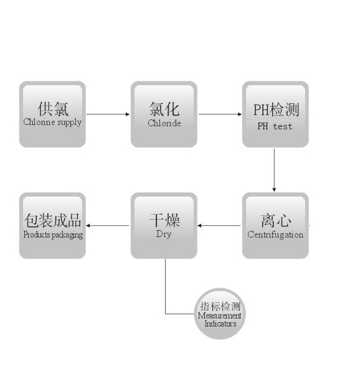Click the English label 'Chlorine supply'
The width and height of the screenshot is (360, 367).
click(x=52, y=123)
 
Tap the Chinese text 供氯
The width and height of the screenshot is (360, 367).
click(x=53, y=109)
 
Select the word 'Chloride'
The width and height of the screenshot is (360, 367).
click(x=164, y=123)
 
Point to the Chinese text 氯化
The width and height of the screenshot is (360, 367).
click(x=164, y=109)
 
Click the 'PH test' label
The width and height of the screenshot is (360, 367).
click(x=275, y=126)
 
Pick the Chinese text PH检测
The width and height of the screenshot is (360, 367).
click(x=277, y=109)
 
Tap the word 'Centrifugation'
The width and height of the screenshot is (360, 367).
click(x=275, y=235)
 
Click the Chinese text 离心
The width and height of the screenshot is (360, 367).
click(x=276, y=220)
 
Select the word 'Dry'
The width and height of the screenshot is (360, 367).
click(x=164, y=234)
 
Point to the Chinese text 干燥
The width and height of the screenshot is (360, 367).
click(x=164, y=220)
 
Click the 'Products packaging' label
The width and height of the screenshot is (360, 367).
click(x=53, y=235)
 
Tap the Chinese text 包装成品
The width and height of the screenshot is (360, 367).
click(x=53, y=220)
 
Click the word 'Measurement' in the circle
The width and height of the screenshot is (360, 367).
click(x=220, y=315)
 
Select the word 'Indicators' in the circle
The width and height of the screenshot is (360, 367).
click(x=220, y=323)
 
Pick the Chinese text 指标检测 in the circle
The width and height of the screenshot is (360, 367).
click(x=220, y=306)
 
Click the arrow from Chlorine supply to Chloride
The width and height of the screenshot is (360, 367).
click(x=108, y=114)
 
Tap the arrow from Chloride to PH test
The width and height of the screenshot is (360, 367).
click(x=220, y=114)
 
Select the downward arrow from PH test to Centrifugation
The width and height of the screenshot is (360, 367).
click(x=274, y=170)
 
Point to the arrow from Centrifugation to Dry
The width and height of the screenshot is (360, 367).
click(x=219, y=225)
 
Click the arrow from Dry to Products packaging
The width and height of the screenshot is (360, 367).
click(x=108, y=225)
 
